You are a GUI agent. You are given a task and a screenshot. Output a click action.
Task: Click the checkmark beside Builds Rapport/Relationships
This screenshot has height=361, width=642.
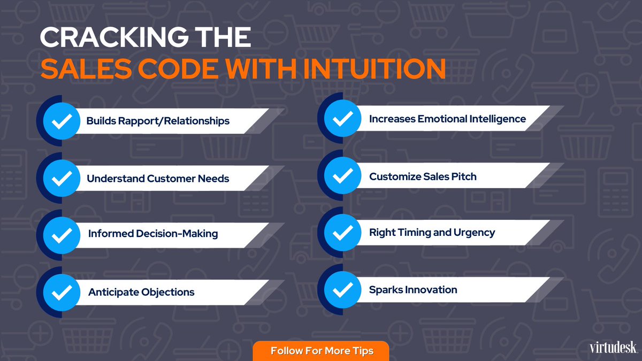(62, 121)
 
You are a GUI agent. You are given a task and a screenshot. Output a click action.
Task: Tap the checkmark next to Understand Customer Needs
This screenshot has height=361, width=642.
(62, 178)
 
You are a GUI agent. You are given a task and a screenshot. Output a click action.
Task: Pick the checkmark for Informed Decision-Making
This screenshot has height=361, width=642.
(62, 235)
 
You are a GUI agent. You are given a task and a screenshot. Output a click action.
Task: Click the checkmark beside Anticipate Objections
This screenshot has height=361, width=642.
(62, 293)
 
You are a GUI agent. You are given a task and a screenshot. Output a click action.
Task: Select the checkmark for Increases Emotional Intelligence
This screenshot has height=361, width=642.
(343, 119)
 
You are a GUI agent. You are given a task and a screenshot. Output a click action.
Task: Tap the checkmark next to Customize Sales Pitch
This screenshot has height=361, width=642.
(343, 176)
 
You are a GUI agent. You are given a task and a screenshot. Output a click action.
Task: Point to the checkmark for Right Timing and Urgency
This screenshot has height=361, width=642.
(343, 233)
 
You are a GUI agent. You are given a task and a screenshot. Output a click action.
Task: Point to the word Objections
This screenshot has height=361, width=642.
(168, 293)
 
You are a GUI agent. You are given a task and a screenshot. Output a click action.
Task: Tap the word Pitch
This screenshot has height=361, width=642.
(463, 176)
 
